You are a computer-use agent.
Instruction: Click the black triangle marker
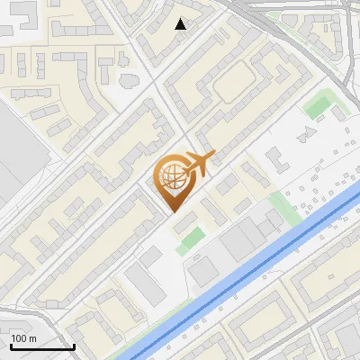click(x=181, y=24)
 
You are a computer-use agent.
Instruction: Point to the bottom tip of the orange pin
click(x=174, y=211)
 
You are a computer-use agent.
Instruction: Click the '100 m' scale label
click(x=23, y=338)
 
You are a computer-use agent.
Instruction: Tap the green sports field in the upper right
click(x=317, y=107)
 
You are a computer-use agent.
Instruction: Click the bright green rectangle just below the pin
click(x=190, y=240)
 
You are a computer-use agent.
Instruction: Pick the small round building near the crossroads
click(x=125, y=79)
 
